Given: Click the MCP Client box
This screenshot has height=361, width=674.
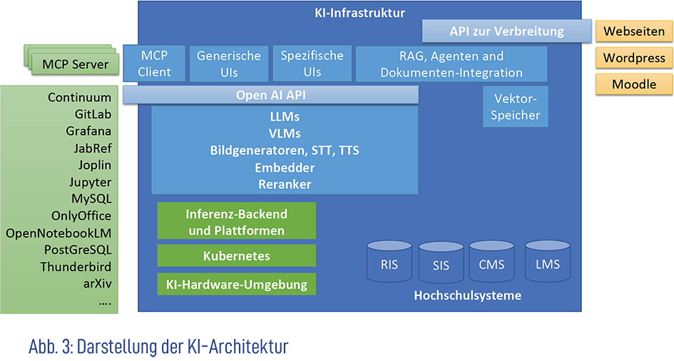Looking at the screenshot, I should (x=155, y=63).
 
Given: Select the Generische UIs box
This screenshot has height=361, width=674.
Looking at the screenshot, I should (x=229, y=63).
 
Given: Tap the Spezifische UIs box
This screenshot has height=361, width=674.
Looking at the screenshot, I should (x=312, y=63).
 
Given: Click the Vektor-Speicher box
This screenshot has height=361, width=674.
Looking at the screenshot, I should (x=516, y=107).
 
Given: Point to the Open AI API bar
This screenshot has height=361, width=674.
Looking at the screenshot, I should (x=270, y=95).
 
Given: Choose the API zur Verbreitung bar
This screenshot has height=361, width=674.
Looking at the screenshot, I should (x=506, y=31).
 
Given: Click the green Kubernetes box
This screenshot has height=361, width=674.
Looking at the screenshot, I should (x=236, y=255).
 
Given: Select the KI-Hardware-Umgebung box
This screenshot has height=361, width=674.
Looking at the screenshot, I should (x=236, y=284).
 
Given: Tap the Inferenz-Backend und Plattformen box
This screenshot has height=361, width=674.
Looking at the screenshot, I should (x=236, y=222).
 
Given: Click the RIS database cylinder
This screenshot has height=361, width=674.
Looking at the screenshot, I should (x=389, y=265).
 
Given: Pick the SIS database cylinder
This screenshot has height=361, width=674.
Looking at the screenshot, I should (x=441, y=265).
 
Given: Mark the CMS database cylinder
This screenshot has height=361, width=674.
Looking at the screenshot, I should (x=491, y=265).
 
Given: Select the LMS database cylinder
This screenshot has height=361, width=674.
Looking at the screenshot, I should (x=547, y=264).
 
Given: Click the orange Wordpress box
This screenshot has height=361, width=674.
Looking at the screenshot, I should (x=634, y=58).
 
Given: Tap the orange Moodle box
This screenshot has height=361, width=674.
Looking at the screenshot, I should (x=634, y=84).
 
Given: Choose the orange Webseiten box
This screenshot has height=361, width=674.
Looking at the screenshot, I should (x=634, y=31).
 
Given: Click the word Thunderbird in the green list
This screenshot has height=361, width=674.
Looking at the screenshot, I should (x=76, y=267).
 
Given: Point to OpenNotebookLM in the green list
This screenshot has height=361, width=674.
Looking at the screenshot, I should (x=58, y=233).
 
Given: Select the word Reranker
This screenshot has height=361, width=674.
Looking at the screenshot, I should (x=285, y=184).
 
